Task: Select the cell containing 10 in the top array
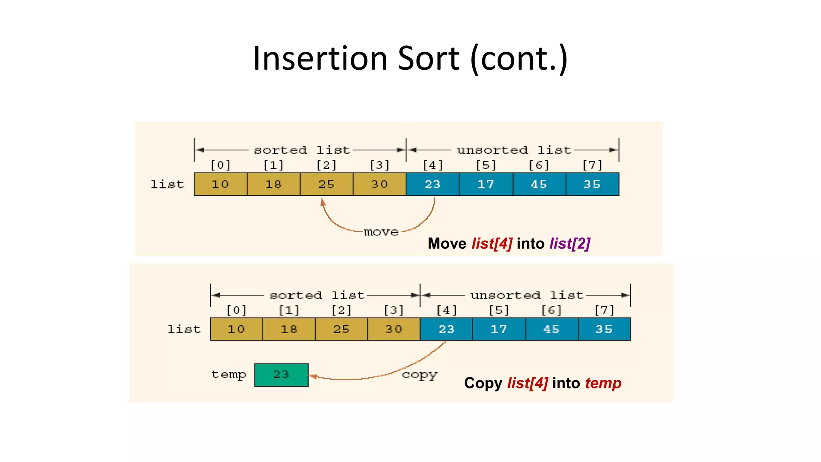coord(220,184)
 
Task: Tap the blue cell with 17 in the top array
coord(485,184)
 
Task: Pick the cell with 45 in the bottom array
coord(551,329)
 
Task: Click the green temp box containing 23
coord(281,375)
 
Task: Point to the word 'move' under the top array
coord(381,232)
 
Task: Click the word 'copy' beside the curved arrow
coord(419,375)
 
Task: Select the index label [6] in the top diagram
coord(538,165)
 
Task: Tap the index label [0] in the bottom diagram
coord(237,310)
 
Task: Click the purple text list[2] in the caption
coord(570,243)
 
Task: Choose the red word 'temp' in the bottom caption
coord(603,383)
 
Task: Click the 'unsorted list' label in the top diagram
coord(514,150)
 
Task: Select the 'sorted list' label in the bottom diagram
coord(317,296)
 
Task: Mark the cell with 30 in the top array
coord(379,184)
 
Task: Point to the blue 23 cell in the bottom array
coord(446,329)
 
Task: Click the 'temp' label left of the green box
coord(229,375)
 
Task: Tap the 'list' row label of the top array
coord(167,184)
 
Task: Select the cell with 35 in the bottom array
coord(604,329)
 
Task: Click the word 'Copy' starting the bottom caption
coord(483,383)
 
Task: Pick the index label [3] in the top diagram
coord(379,165)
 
